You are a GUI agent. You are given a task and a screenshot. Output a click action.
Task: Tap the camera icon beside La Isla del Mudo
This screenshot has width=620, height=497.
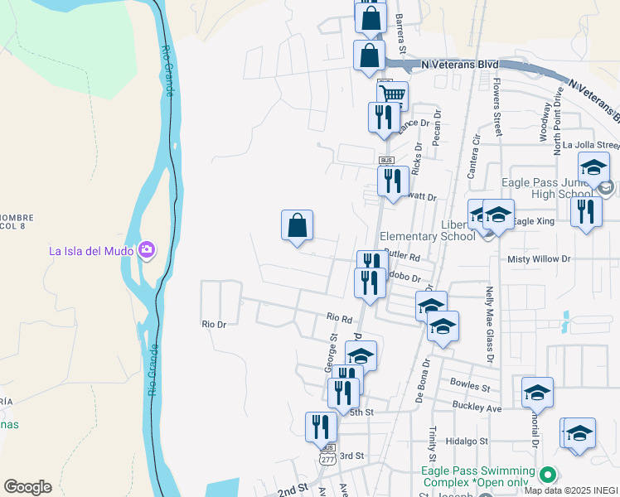(x=147, y=249)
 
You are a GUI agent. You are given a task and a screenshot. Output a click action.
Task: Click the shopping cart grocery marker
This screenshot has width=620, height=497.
(x=392, y=95)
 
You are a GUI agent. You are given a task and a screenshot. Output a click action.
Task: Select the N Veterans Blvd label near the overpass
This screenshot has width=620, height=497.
(x=460, y=64)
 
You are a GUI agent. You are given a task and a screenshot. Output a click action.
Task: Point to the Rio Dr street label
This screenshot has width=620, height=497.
(x=214, y=325)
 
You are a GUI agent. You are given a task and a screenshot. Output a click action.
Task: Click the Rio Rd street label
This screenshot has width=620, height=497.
(x=339, y=317)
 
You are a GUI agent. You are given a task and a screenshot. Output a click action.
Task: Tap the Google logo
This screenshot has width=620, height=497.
(x=27, y=487)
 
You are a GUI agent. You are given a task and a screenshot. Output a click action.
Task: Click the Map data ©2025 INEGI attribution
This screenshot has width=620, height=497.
(x=571, y=490)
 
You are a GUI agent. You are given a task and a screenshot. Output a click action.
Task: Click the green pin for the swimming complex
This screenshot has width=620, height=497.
(x=546, y=475)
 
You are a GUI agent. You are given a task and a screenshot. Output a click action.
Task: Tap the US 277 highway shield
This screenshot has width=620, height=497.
(x=327, y=457)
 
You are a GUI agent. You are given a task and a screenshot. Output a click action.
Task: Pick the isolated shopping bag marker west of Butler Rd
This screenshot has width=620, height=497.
(x=297, y=226)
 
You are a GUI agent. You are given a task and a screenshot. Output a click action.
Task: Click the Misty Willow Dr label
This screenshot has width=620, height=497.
(x=539, y=259)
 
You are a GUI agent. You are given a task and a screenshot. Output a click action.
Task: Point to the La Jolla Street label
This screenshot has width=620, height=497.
(x=591, y=144)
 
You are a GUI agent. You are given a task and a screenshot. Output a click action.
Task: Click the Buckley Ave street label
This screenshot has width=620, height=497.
(x=477, y=407)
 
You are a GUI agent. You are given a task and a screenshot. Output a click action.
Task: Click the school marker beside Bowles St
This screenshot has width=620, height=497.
(x=537, y=393)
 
